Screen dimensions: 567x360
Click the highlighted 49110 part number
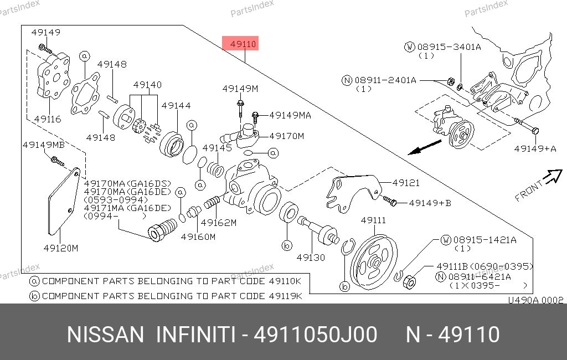click(243, 44)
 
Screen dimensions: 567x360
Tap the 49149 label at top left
click(46, 32)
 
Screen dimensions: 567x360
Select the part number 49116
click(48, 119)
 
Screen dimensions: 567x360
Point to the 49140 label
click(147, 85)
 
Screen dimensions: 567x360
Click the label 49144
click(176, 105)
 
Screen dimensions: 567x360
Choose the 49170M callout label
click(287, 136)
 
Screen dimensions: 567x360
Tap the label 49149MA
click(290, 115)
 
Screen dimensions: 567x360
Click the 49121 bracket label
click(406, 183)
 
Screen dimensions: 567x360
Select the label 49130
click(311, 258)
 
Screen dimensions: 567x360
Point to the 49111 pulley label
click(373, 220)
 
